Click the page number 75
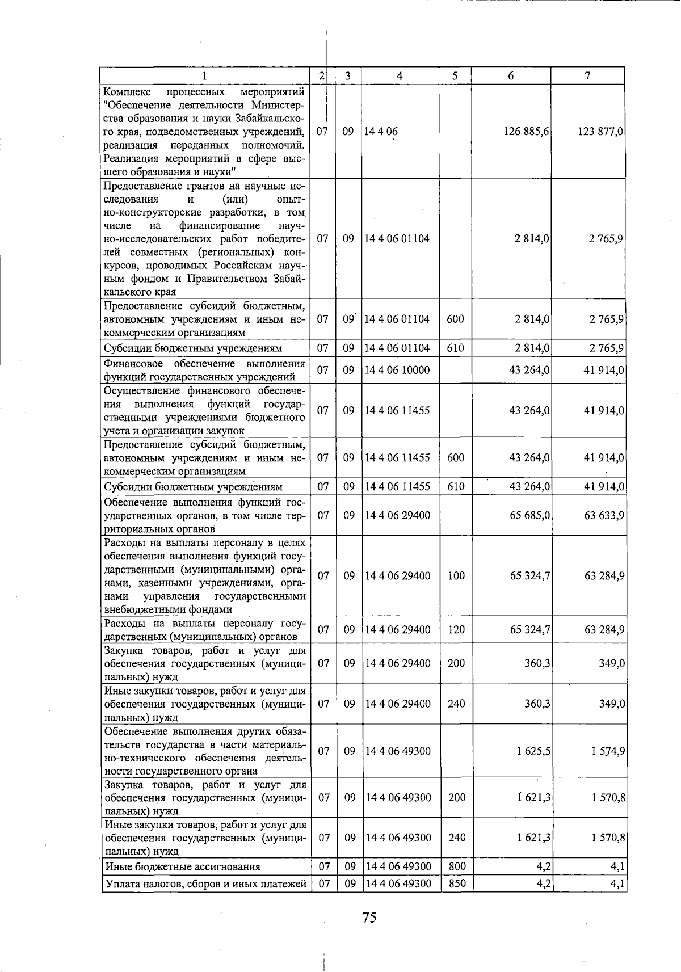point(369,918)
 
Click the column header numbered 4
point(400,76)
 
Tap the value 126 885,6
point(526,132)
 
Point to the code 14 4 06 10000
point(397,371)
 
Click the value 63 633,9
point(604,516)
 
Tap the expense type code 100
point(455,576)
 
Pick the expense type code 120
point(455,630)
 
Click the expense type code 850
point(457,883)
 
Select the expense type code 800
point(457,866)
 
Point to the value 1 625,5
point(533,751)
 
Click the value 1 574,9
point(608,751)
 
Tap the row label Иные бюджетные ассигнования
point(183,867)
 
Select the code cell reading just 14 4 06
point(381,132)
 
